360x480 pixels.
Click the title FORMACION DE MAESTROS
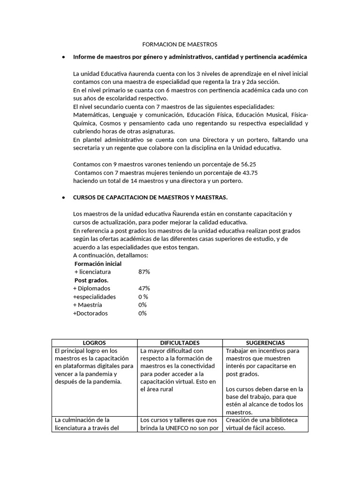click(180, 45)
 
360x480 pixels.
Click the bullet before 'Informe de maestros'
click(63, 57)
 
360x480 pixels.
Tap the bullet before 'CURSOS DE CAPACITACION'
click(63, 198)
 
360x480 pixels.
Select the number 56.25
click(248, 165)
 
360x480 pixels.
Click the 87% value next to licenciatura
click(144, 271)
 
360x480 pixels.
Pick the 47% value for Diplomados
click(144, 288)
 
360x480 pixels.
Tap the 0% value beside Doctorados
click(142, 313)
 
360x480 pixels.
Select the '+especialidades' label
click(94, 297)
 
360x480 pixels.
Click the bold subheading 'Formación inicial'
click(98, 263)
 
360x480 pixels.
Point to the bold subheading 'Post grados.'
click(91, 280)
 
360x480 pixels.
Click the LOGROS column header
click(94, 343)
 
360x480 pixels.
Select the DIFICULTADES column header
click(180, 343)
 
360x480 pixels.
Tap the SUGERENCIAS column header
click(265, 343)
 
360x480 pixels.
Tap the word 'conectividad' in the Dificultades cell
click(196, 366)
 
